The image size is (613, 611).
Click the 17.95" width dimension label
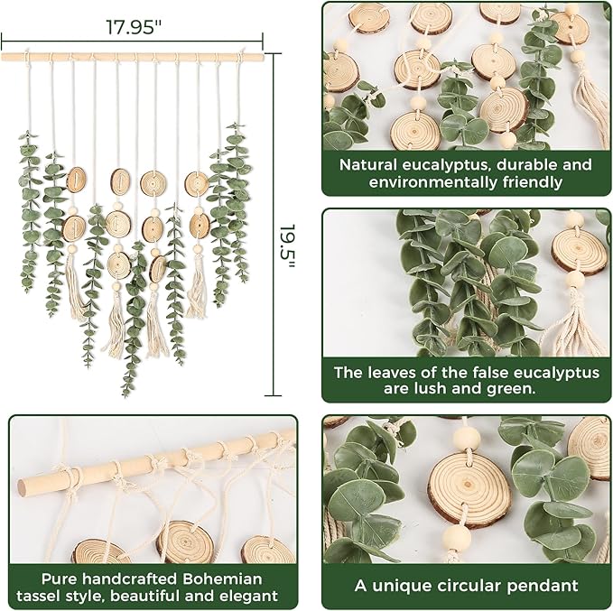[x=131, y=26]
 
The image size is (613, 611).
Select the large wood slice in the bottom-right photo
[x=469, y=488]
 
